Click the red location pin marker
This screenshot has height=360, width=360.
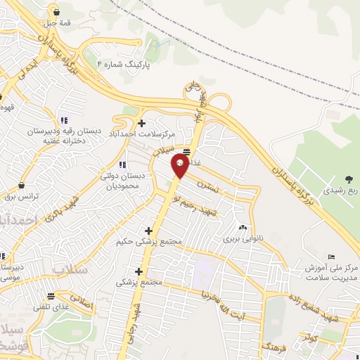(x=180, y=166)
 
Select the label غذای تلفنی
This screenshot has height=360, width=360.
(x=50, y=307)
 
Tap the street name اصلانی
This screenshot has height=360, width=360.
(x=82, y=304)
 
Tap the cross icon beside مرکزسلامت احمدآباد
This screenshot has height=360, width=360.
(x=141, y=123)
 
